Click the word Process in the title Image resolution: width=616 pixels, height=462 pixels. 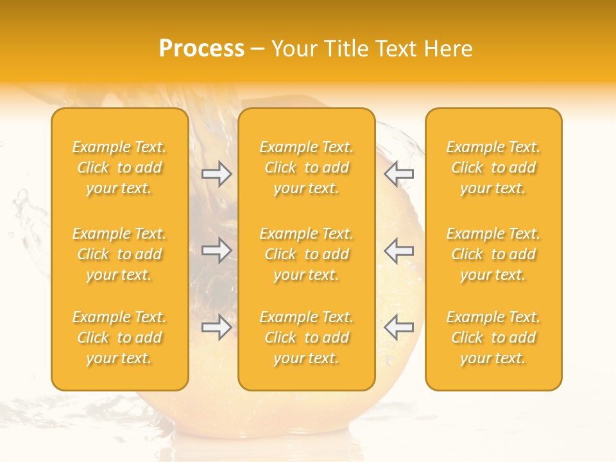(x=201, y=49)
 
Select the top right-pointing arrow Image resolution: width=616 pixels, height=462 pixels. (x=217, y=174)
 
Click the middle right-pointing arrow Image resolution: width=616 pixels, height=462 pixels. (x=217, y=250)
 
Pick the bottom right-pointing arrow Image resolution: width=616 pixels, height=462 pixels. (x=217, y=328)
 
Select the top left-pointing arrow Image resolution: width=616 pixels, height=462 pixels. (x=399, y=174)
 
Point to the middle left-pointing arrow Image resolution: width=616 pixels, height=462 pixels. (x=399, y=250)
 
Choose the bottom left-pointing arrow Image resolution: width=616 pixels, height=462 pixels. (x=399, y=328)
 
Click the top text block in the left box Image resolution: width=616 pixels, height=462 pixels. (x=119, y=167)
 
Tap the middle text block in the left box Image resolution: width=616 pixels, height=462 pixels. (x=119, y=254)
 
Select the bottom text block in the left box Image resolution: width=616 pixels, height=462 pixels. (x=119, y=338)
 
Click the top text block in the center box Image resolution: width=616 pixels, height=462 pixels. (x=307, y=167)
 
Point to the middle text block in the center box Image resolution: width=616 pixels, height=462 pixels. (x=307, y=254)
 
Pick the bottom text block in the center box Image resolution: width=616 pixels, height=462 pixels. (x=307, y=338)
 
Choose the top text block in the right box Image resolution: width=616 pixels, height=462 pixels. (x=493, y=167)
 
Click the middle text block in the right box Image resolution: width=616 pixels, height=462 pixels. (x=493, y=254)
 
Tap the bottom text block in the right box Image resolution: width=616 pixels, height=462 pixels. (x=493, y=338)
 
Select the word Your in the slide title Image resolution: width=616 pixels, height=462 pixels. (x=293, y=49)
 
